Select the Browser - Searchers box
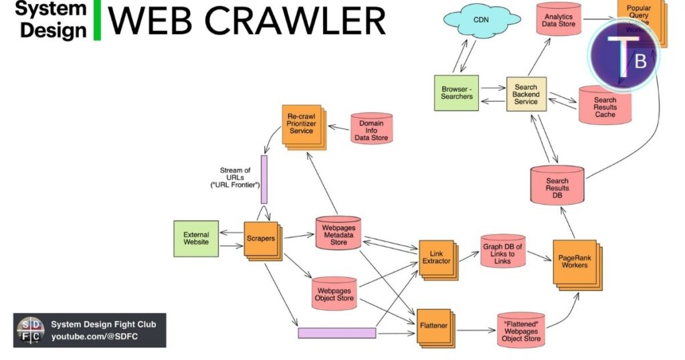click(457, 92)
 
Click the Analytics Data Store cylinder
click(559, 21)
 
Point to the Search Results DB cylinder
click(557, 185)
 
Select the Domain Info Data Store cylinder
click(371, 128)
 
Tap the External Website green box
click(196, 239)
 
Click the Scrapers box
click(262, 240)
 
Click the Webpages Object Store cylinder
click(334, 293)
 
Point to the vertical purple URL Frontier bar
click(264, 179)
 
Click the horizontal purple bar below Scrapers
click(336, 333)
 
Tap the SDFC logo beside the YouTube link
click(31, 330)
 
